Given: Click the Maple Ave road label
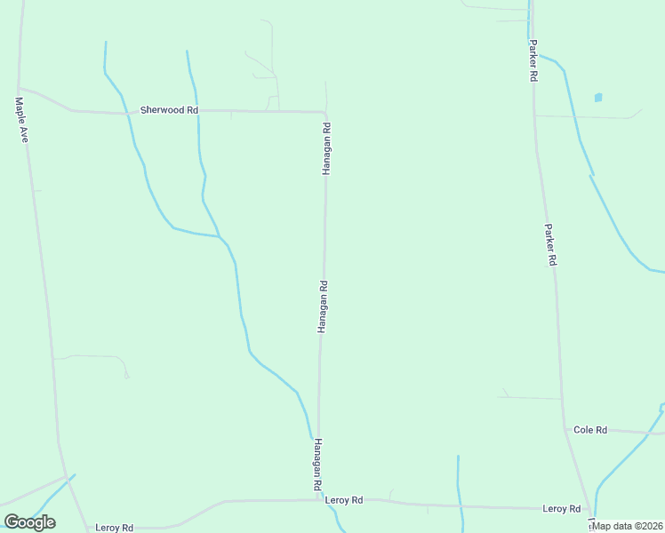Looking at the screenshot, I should pos(22,121).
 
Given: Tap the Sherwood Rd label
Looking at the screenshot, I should pos(169,110).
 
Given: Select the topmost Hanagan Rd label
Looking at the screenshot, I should pos(326,147).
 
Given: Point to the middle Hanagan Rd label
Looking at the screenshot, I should pos(323,307).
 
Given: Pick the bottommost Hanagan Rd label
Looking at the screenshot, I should pos(316,465).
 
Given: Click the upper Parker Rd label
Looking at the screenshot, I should pos(533,60).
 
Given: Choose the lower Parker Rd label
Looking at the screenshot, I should pos(550,245).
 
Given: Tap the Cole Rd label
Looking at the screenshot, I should pos(590,430).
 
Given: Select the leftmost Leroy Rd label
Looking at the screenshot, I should pos(115,528).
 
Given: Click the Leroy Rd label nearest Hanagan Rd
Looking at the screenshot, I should pos(344,501).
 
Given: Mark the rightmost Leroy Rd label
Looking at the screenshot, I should pos(562,509).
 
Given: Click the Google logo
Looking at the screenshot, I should pos(29,522).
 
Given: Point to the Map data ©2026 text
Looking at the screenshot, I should pos(628,526).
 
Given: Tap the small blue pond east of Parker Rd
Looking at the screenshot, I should pos(598,97).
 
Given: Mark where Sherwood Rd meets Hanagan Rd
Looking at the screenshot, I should pos(325,113).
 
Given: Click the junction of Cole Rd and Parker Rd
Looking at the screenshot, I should pos(565,429).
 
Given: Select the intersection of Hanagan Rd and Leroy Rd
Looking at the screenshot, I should pos(319,500).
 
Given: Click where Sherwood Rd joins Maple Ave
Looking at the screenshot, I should pos(20,89).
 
